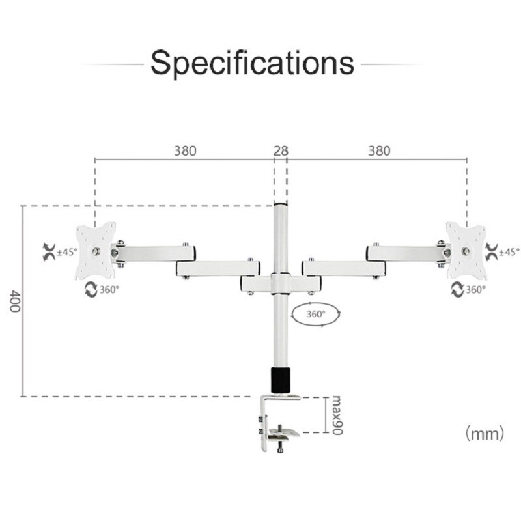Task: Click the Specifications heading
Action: tap(253, 63)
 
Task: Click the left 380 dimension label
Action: tap(185, 150)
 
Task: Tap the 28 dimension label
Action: tap(281, 150)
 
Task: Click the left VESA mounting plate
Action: tap(96, 251)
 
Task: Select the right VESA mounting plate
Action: tap(466, 250)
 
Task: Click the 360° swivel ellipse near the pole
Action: tap(317, 315)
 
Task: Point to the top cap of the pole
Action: tap(281, 207)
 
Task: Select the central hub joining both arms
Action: tap(281, 284)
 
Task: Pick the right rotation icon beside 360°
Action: tap(457, 289)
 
